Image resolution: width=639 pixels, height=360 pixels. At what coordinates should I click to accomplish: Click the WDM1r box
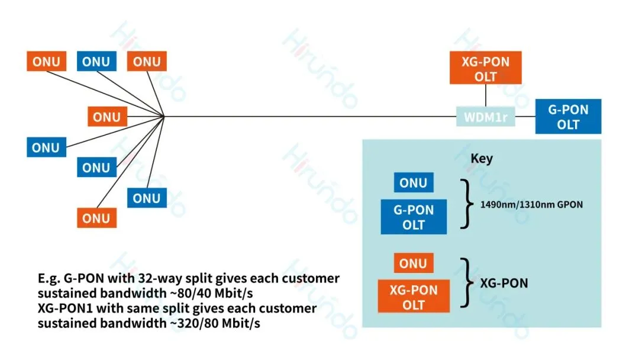tap(485, 117)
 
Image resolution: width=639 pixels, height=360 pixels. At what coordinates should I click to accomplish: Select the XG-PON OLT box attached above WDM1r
tap(485, 67)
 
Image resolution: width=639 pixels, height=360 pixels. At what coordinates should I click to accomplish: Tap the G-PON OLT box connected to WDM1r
tap(568, 116)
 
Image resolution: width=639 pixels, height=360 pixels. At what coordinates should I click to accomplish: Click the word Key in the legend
tap(482, 158)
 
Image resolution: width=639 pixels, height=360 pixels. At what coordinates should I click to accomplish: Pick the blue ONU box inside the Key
tap(413, 182)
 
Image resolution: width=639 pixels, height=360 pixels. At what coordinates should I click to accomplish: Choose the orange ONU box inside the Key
tap(413, 263)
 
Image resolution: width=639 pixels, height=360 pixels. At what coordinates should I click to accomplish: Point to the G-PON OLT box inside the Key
tap(414, 217)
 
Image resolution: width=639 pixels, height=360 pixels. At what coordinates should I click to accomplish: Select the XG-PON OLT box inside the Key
tap(414, 297)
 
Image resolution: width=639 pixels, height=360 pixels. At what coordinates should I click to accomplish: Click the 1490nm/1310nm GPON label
tap(531, 204)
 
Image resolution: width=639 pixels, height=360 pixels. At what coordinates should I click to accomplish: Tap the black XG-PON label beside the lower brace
tap(504, 283)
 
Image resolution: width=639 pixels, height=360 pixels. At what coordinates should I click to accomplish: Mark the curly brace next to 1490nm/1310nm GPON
tap(467, 204)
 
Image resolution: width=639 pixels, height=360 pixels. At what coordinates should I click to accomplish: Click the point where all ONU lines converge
tap(164, 117)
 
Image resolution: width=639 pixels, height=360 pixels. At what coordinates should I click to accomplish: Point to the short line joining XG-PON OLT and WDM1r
tap(485, 96)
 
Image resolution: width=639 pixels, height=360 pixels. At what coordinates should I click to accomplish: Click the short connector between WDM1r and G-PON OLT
tap(525, 117)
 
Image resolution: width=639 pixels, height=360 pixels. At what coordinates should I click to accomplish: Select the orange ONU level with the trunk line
tap(107, 117)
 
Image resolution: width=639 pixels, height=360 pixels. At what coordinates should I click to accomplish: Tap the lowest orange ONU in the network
tap(96, 218)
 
